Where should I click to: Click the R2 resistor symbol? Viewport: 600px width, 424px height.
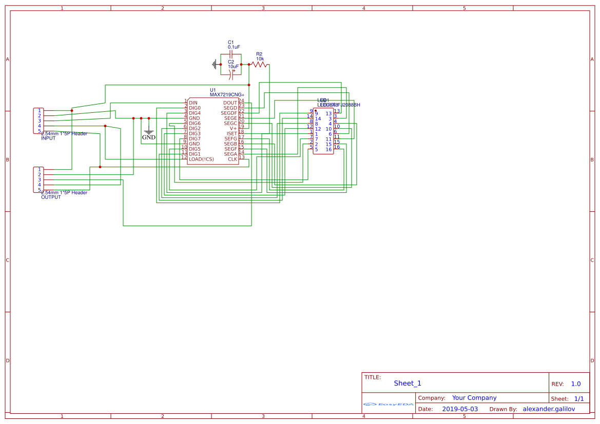click(259, 65)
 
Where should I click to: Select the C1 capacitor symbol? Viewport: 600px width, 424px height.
click(231, 54)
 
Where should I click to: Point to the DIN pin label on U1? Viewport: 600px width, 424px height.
click(193, 103)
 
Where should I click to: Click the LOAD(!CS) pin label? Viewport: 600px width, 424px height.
click(201, 159)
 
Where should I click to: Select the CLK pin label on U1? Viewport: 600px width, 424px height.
click(233, 159)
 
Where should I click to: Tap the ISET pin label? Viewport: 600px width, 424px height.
click(232, 133)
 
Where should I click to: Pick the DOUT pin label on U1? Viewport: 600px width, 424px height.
click(230, 103)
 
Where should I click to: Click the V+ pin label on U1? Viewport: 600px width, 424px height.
click(233, 128)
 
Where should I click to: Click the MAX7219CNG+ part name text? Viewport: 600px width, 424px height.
click(227, 95)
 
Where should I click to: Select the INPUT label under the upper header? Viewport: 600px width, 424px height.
click(48, 138)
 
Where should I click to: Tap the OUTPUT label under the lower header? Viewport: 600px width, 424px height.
click(51, 197)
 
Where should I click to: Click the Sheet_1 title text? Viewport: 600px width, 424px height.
click(408, 383)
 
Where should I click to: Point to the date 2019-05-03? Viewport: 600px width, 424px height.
click(460, 409)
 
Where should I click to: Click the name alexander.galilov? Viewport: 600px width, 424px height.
click(549, 409)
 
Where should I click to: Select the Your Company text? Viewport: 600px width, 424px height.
click(474, 398)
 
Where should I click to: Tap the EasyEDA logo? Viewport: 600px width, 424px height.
click(389, 405)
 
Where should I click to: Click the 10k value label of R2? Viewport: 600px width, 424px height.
click(260, 59)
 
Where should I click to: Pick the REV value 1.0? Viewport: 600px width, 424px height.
click(576, 384)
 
